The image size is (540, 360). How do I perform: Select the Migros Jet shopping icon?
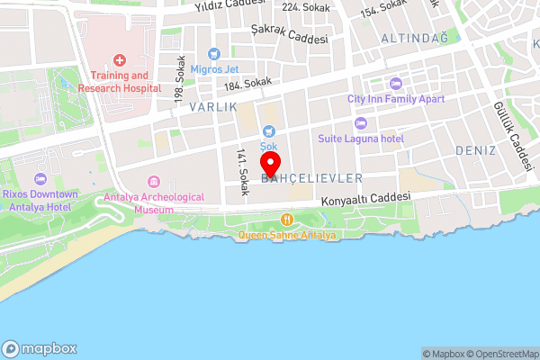coord(213,54)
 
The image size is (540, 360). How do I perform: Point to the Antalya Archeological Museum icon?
coord(153,182)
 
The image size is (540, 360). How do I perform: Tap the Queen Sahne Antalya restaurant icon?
coord(287,220)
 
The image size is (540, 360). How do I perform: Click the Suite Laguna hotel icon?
coord(361,123)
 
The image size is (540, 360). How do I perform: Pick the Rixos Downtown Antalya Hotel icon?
coord(39,178)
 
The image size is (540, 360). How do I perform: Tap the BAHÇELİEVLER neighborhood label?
coord(311,179)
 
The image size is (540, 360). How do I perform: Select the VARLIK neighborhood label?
coord(212,106)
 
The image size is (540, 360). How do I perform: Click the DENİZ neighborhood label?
coord(476,148)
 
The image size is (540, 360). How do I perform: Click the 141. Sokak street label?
coord(241,171)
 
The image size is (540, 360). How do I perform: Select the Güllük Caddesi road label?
coord(509,135)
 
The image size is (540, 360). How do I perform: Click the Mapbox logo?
coord(39,348)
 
